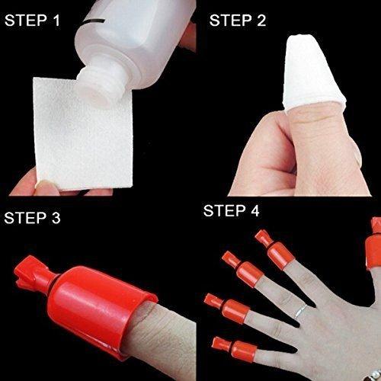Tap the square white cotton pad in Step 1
(76, 133)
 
